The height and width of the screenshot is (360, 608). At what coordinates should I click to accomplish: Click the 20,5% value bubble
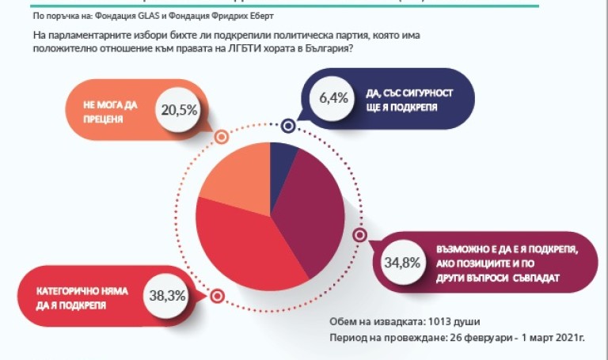pyautogui.click(x=178, y=110)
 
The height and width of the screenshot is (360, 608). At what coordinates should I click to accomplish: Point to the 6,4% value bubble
pyautogui.click(x=333, y=99)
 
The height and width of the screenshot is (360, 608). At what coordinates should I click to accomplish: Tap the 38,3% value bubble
pyautogui.click(x=167, y=295)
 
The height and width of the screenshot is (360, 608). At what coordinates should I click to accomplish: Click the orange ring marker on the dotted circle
pyautogui.click(x=222, y=137)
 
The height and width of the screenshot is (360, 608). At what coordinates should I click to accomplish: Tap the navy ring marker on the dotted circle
pyautogui.click(x=288, y=125)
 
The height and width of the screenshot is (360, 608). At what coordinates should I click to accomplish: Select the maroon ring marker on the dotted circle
pyautogui.click(x=358, y=235)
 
